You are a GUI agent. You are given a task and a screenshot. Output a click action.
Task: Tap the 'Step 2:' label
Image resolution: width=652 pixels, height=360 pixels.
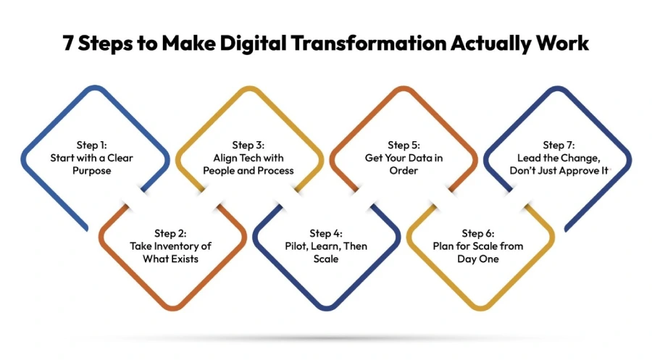click(170, 233)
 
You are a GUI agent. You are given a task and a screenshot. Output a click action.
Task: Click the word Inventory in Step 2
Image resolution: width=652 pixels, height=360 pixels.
click(182, 246)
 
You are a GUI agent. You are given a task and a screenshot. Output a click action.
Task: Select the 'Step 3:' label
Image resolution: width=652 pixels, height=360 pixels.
click(248, 144)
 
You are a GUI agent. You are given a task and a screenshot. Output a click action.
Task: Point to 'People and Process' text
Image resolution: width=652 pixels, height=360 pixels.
click(248, 171)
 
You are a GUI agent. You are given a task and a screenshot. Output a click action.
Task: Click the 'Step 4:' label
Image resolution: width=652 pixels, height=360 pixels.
click(326, 233)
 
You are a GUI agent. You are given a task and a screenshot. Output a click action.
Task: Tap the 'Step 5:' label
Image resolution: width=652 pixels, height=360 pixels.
click(404, 144)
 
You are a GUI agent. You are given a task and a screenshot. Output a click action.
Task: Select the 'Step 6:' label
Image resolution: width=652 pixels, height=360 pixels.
click(478, 233)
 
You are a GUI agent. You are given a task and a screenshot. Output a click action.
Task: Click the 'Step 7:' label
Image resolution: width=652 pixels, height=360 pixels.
click(559, 144)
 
